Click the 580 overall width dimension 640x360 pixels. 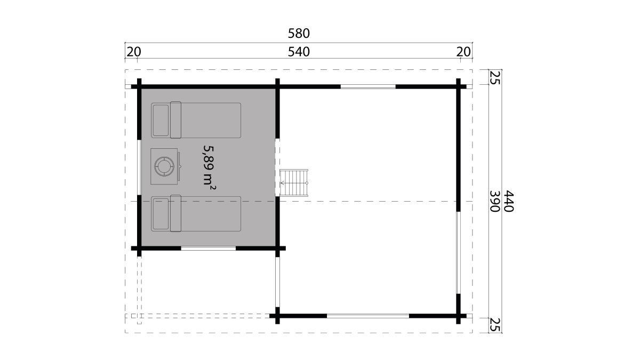tap(299, 34)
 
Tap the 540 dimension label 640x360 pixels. tap(299, 52)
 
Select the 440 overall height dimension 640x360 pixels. tap(509, 201)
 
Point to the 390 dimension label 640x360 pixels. tap(495, 201)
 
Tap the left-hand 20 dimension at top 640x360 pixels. tap(134, 52)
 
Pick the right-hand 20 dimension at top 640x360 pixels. tap(463, 52)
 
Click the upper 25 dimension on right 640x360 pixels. tap(495, 77)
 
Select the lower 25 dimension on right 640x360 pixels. tap(495, 325)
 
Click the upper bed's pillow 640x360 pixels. tap(161, 121)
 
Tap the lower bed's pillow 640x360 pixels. tap(161, 214)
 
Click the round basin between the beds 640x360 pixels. tap(164, 166)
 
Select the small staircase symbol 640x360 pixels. tap(294, 183)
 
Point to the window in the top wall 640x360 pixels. tap(368, 86)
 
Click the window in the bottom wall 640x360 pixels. tap(368, 316)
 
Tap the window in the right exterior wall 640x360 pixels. tap(458, 253)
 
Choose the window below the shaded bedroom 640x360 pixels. tap(209, 249)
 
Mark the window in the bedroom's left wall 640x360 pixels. tap(139, 167)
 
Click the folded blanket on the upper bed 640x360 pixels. tap(175, 120)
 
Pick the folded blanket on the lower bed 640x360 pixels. tap(175, 213)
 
